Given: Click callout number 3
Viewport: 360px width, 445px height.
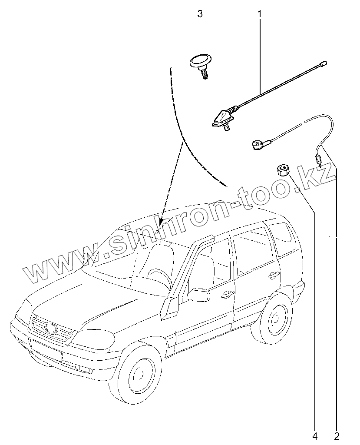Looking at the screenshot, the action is click(x=200, y=14).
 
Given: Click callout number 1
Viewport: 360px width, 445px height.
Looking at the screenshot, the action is click(x=260, y=14).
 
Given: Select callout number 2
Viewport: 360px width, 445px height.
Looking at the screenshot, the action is click(x=337, y=435).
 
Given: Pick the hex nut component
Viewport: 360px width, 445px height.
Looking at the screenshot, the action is click(x=283, y=169).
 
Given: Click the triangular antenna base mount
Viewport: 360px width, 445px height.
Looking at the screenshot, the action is click(x=222, y=119).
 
